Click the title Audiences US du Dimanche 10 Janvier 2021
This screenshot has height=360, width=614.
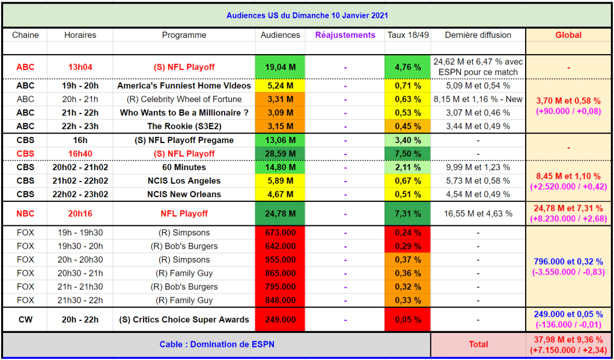306,16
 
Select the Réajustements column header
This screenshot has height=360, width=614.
345,35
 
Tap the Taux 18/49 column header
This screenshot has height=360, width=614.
407,35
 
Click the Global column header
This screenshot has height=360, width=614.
568,35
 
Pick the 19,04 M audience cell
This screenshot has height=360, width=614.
280,67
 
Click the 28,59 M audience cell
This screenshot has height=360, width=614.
280,154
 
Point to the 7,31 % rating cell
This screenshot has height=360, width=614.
407,214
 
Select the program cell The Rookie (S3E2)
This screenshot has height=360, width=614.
184,126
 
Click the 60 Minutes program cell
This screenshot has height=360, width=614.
184,168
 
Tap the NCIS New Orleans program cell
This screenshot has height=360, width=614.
184,194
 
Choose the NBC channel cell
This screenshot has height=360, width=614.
25,214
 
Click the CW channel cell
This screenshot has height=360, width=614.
25,320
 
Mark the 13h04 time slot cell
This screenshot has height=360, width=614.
80,67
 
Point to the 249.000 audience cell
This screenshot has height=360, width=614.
280,320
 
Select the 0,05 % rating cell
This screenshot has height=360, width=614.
407,320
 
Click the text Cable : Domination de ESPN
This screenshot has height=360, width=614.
217,344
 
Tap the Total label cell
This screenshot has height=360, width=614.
478,344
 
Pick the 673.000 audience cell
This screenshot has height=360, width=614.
280,233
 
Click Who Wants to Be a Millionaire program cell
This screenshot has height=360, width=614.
184,113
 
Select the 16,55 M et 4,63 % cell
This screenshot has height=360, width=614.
478,214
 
